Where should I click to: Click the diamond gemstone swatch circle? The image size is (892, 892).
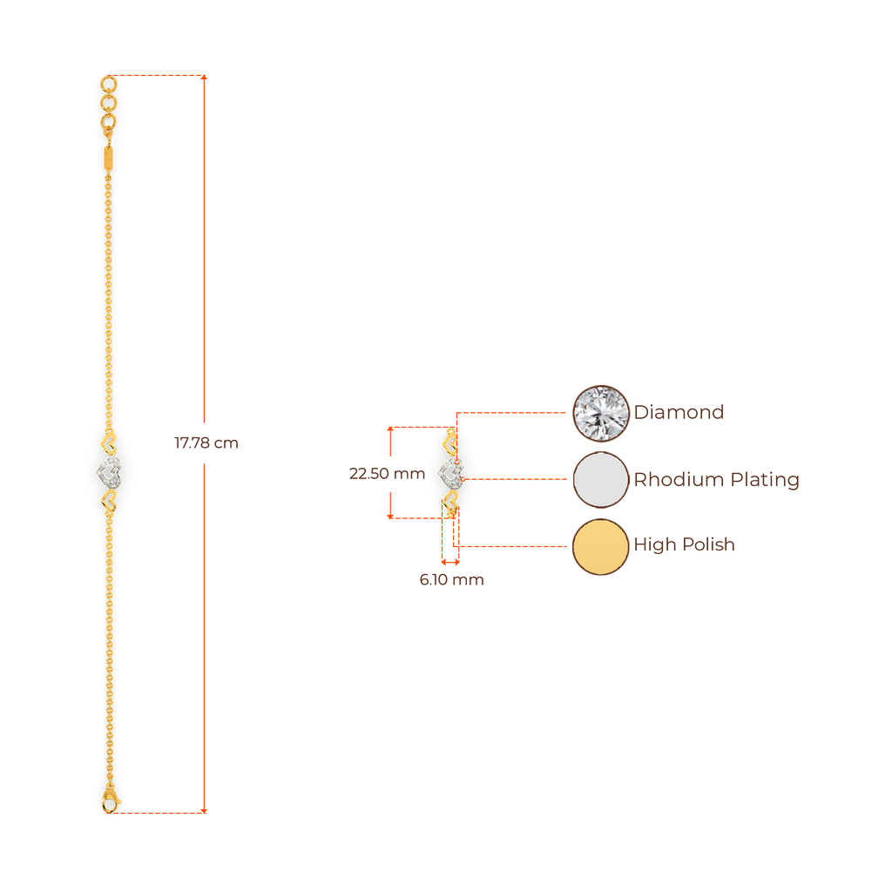pos(600,413)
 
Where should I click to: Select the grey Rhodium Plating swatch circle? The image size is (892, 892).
pos(600,479)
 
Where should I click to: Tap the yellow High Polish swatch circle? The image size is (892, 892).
pos(600,546)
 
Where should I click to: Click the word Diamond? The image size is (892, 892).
pos(679,412)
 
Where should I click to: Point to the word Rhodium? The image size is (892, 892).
pos(667,480)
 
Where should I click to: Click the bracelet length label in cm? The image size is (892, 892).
pos(206,443)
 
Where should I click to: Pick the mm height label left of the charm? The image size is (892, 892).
pos(386,474)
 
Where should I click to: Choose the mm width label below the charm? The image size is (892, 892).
pos(450,580)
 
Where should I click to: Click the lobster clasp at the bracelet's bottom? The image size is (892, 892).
pos(110,799)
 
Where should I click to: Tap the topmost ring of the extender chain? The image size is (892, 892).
pos(108,84)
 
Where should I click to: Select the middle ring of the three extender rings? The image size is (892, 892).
pos(108,104)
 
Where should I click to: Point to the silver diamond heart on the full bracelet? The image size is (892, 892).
pos(109,473)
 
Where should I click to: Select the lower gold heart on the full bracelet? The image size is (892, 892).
pos(110,501)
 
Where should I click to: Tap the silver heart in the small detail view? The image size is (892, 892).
pos(450,474)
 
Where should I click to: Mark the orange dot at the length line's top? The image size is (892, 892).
pos(206,78)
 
